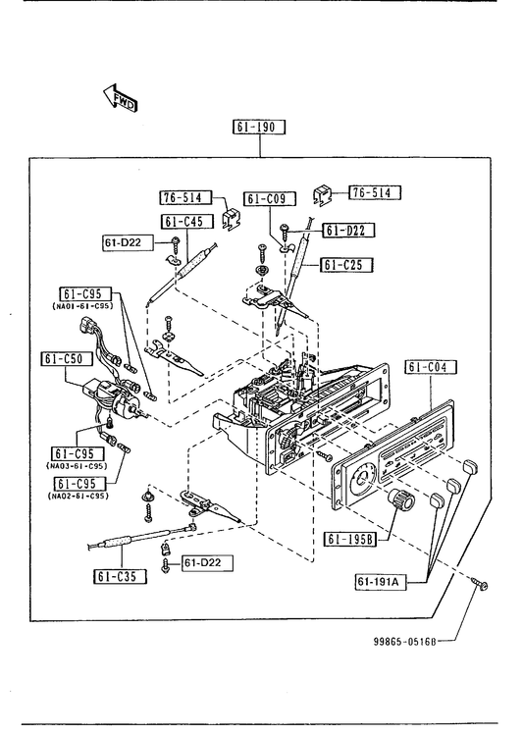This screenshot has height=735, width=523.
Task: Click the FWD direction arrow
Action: tap(120, 98)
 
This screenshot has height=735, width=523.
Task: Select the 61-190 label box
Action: tap(259, 127)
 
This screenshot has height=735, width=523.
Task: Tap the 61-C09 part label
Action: tap(270, 199)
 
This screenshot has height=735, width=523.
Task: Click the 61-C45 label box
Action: tap(187, 221)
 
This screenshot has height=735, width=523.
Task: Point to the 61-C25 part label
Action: tap(347, 265)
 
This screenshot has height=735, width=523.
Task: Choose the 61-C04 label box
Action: tap(431, 366)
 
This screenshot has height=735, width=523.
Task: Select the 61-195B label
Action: tap(350, 539)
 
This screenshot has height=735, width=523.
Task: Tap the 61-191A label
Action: tap(380, 582)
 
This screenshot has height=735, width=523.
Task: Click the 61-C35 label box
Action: tap(120, 576)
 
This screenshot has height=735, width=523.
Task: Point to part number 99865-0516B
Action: tap(404, 641)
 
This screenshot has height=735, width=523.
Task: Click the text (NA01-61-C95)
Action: tap(82, 306)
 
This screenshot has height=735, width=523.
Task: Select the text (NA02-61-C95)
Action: tap(78, 496)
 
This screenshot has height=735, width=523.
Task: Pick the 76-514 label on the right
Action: tap(375, 192)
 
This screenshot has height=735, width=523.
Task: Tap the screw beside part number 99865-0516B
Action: tap(481, 583)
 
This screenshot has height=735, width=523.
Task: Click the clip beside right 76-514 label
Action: tap(323, 194)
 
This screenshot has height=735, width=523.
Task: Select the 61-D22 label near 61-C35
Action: tap(207, 563)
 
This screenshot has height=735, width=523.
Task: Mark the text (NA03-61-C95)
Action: tap(77, 466)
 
